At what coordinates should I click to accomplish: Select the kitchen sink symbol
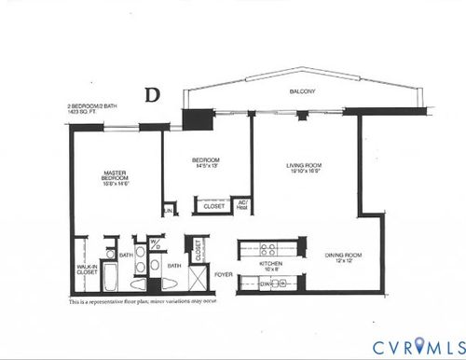click(291, 283)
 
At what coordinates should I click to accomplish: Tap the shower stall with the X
click(197, 281)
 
